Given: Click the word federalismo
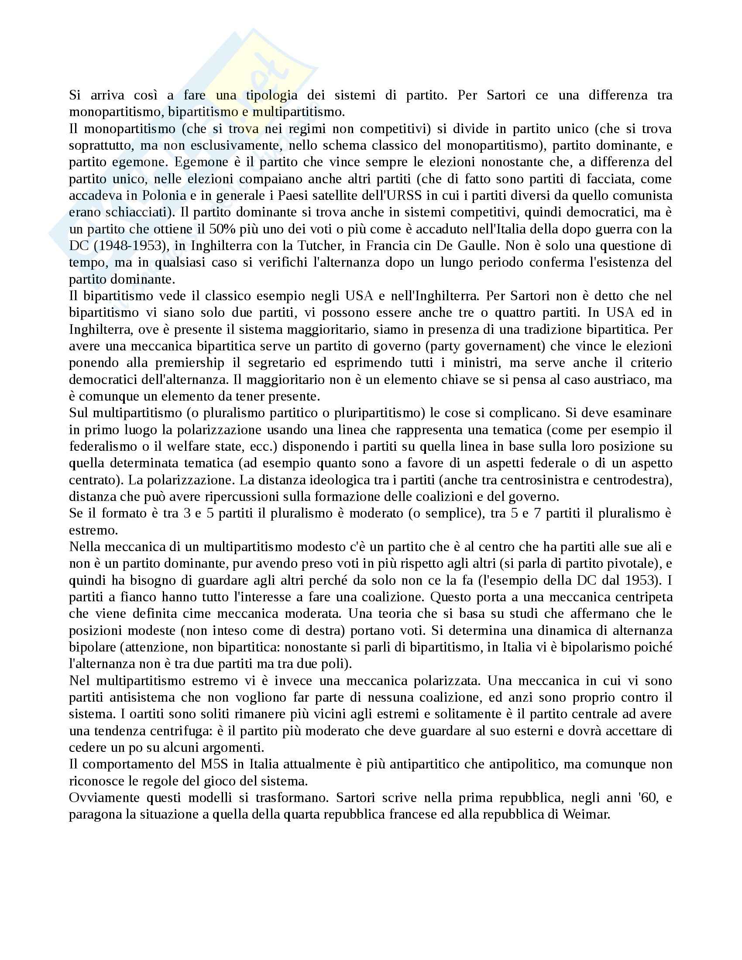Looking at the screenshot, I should click(100, 446).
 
